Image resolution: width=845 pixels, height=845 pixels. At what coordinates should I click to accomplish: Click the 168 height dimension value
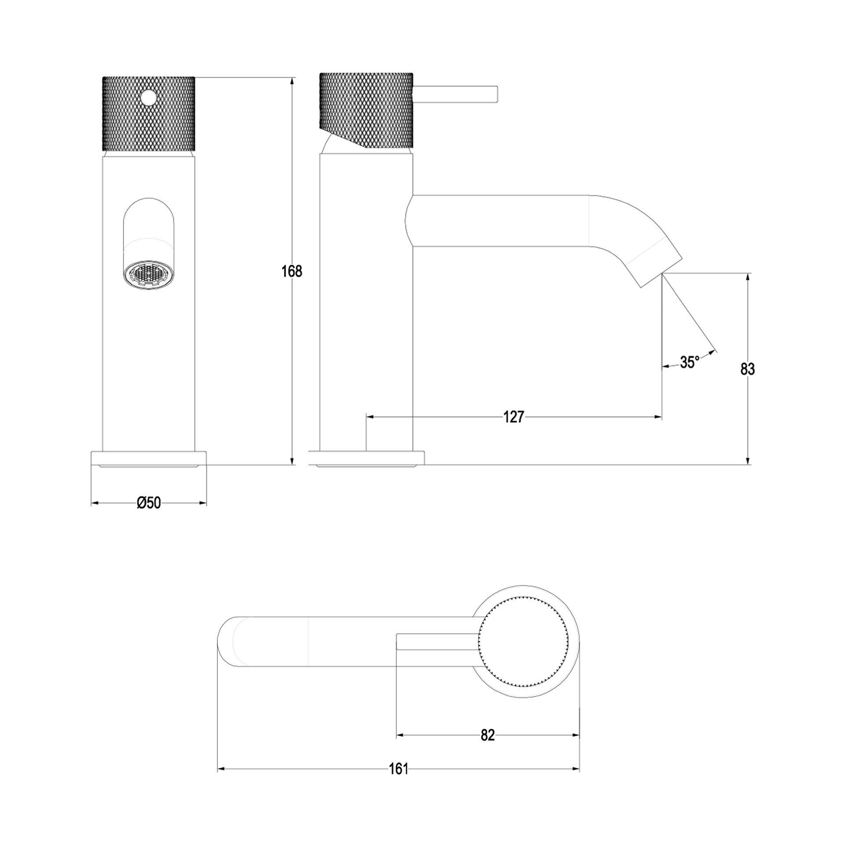pyautogui.click(x=292, y=271)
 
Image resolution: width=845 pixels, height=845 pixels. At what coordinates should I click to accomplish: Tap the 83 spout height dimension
pyautogui.click(x=747, y=369)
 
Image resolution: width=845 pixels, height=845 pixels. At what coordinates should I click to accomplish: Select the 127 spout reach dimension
pyautogui.click(x=514, y=417)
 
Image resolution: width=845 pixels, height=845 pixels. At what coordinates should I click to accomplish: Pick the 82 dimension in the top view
pyautogui.click(x=488, y=735)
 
